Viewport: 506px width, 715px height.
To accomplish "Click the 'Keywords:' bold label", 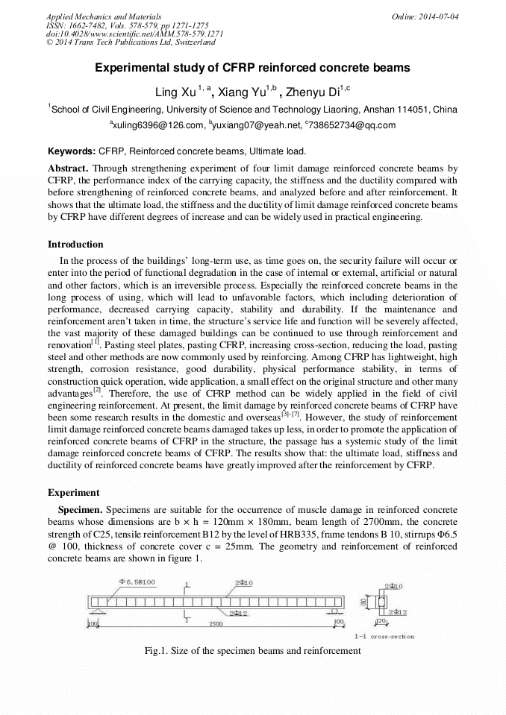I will tap(72, 151).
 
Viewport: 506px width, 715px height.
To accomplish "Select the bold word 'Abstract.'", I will tap(68, 168).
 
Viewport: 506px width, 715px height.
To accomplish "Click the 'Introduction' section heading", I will tap(75, 244).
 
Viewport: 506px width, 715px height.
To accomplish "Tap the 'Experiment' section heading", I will tap(72, 492).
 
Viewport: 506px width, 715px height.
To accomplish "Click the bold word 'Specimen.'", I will tap(81, 509).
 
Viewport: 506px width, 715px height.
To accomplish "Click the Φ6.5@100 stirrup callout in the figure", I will tap(137, 582).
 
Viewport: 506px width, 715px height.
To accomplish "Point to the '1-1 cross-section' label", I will tap(384, 636).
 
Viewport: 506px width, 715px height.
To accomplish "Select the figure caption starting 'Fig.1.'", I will tap(252, 650).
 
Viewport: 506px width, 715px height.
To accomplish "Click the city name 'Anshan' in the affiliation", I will tap(387, 109).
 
